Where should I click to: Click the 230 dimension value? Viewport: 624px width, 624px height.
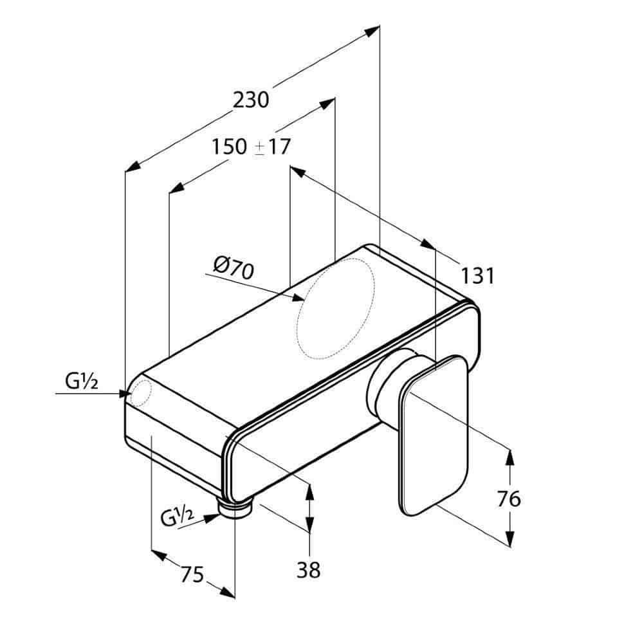(x=251, y=100)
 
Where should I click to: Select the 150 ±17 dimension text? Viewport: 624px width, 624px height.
(x=251, y=147)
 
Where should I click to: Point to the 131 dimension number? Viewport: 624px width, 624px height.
(x=477, y=275)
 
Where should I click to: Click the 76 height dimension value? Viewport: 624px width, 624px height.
(x=509, y=499)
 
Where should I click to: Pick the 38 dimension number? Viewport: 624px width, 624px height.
(x=308, y=570)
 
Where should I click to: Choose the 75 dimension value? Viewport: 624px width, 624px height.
(x=192, y=574)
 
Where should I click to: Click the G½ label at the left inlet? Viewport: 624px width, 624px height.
(x=82, y=381)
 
